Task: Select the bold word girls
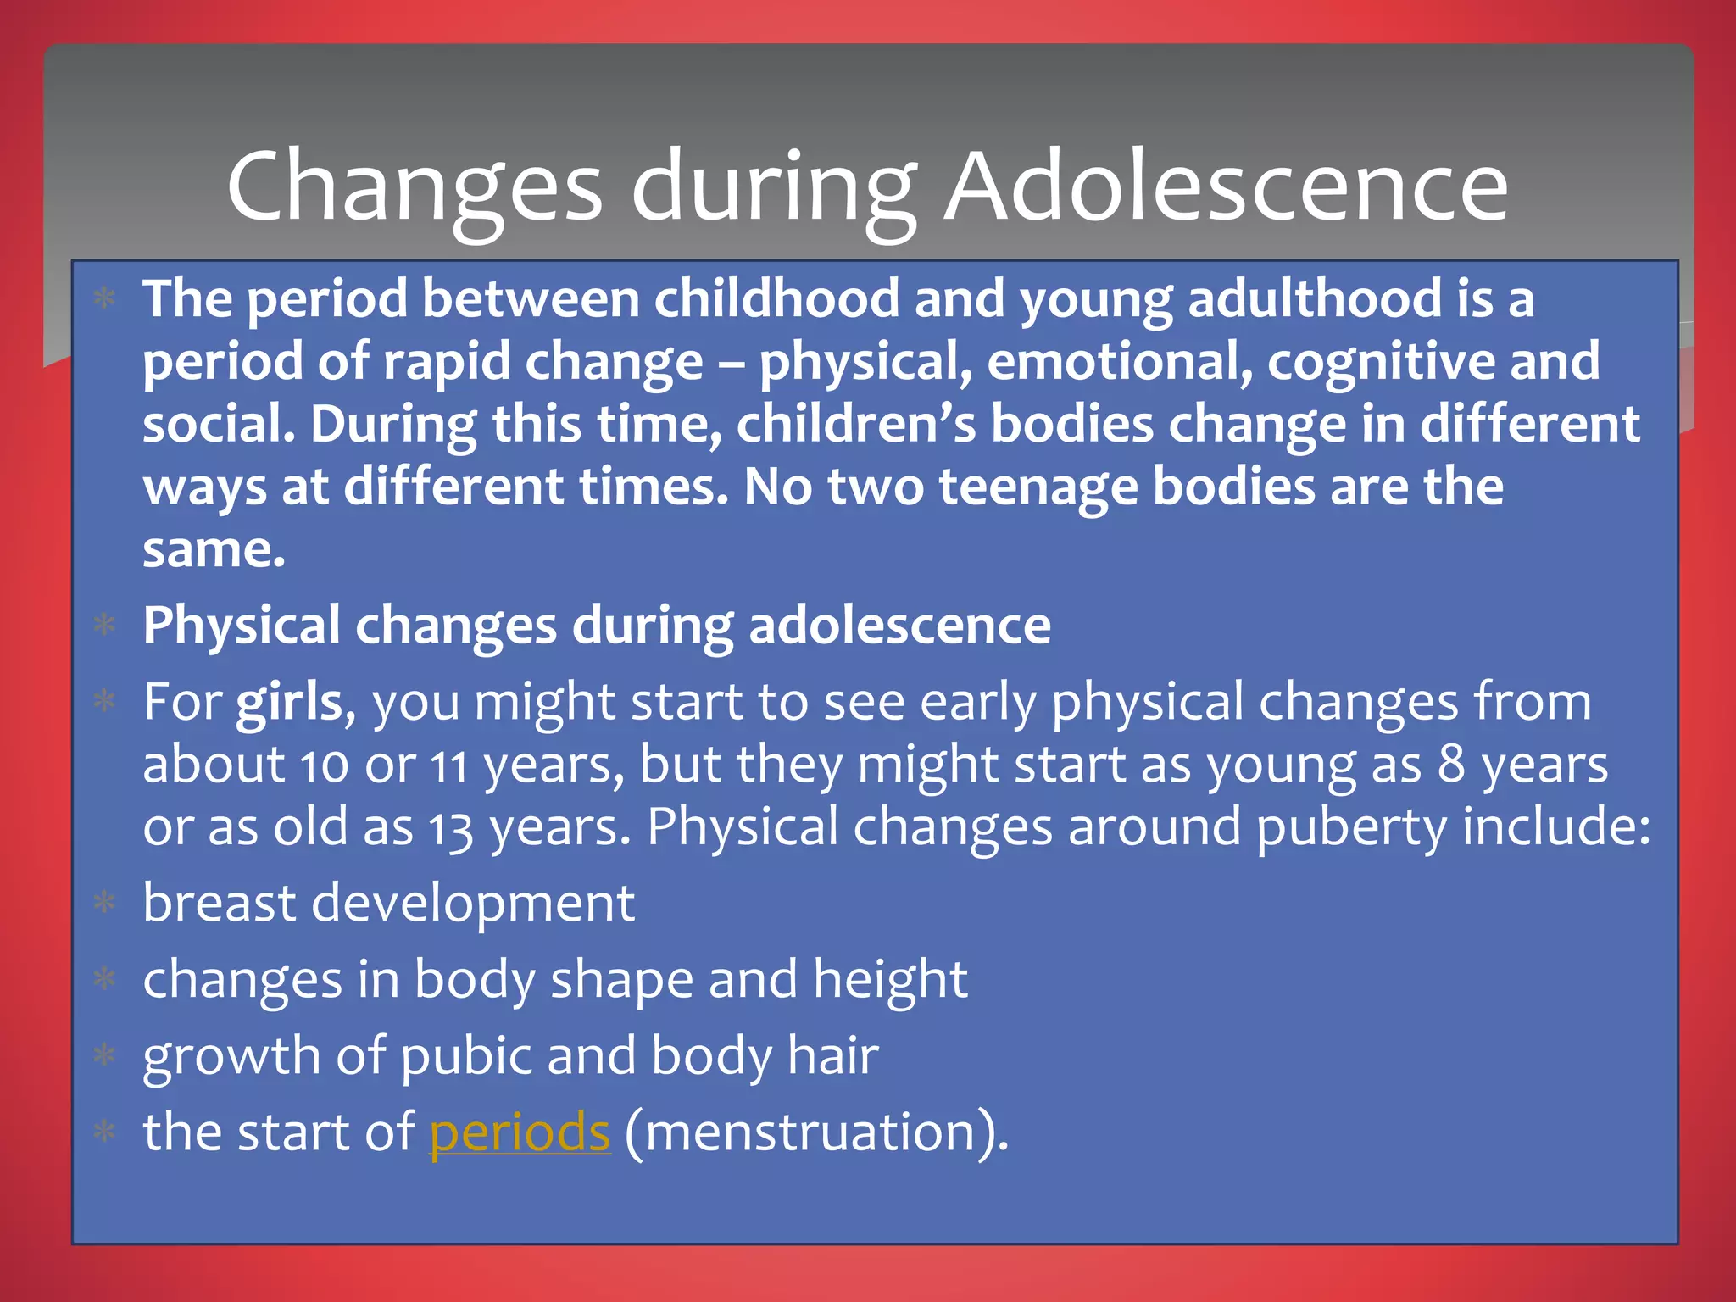click(289, 703)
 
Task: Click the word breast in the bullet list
click(220, 903)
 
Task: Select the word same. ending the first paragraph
click(214, 550)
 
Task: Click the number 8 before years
click(1451, 765)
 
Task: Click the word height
click(890, 979)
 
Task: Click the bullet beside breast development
click(104, 903)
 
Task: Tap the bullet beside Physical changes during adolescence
click(104, 626)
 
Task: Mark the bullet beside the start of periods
click(104, 1132)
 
